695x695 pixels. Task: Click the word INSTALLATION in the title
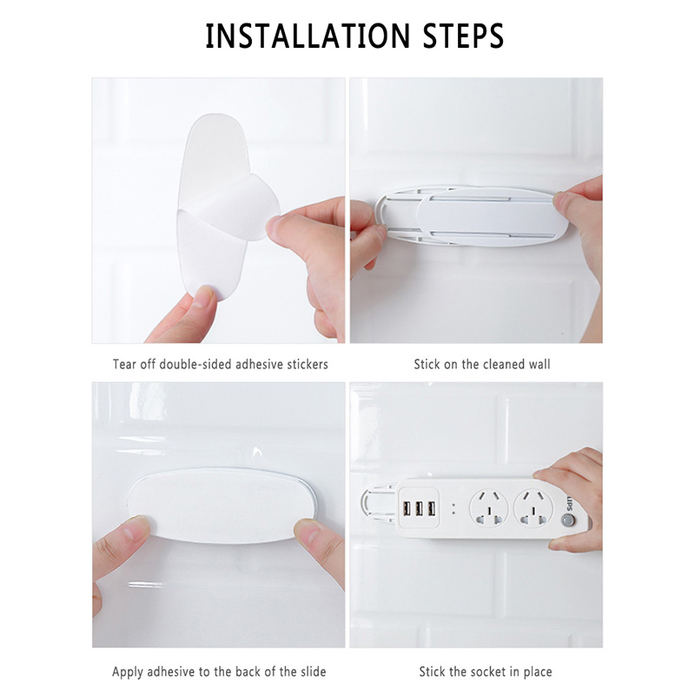tap(308, 36)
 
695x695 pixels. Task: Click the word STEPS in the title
tap(463, 36)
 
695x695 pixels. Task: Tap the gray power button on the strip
tap(567, 520)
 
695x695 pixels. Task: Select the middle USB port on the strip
tap(419, 509)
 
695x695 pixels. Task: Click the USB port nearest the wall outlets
tap(431, 509)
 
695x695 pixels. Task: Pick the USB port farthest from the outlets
tap(406, 509)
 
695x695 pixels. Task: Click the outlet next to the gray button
tap(533, 508)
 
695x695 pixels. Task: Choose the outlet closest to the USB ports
tap(489, 508)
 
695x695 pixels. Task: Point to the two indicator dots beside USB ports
tap(453, 509)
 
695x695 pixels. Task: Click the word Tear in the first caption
tap(124, 364)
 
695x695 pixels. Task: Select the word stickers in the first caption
tap(308, 364)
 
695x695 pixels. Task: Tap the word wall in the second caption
tap(539, 364)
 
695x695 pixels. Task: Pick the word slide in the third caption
tap(313, 672)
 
